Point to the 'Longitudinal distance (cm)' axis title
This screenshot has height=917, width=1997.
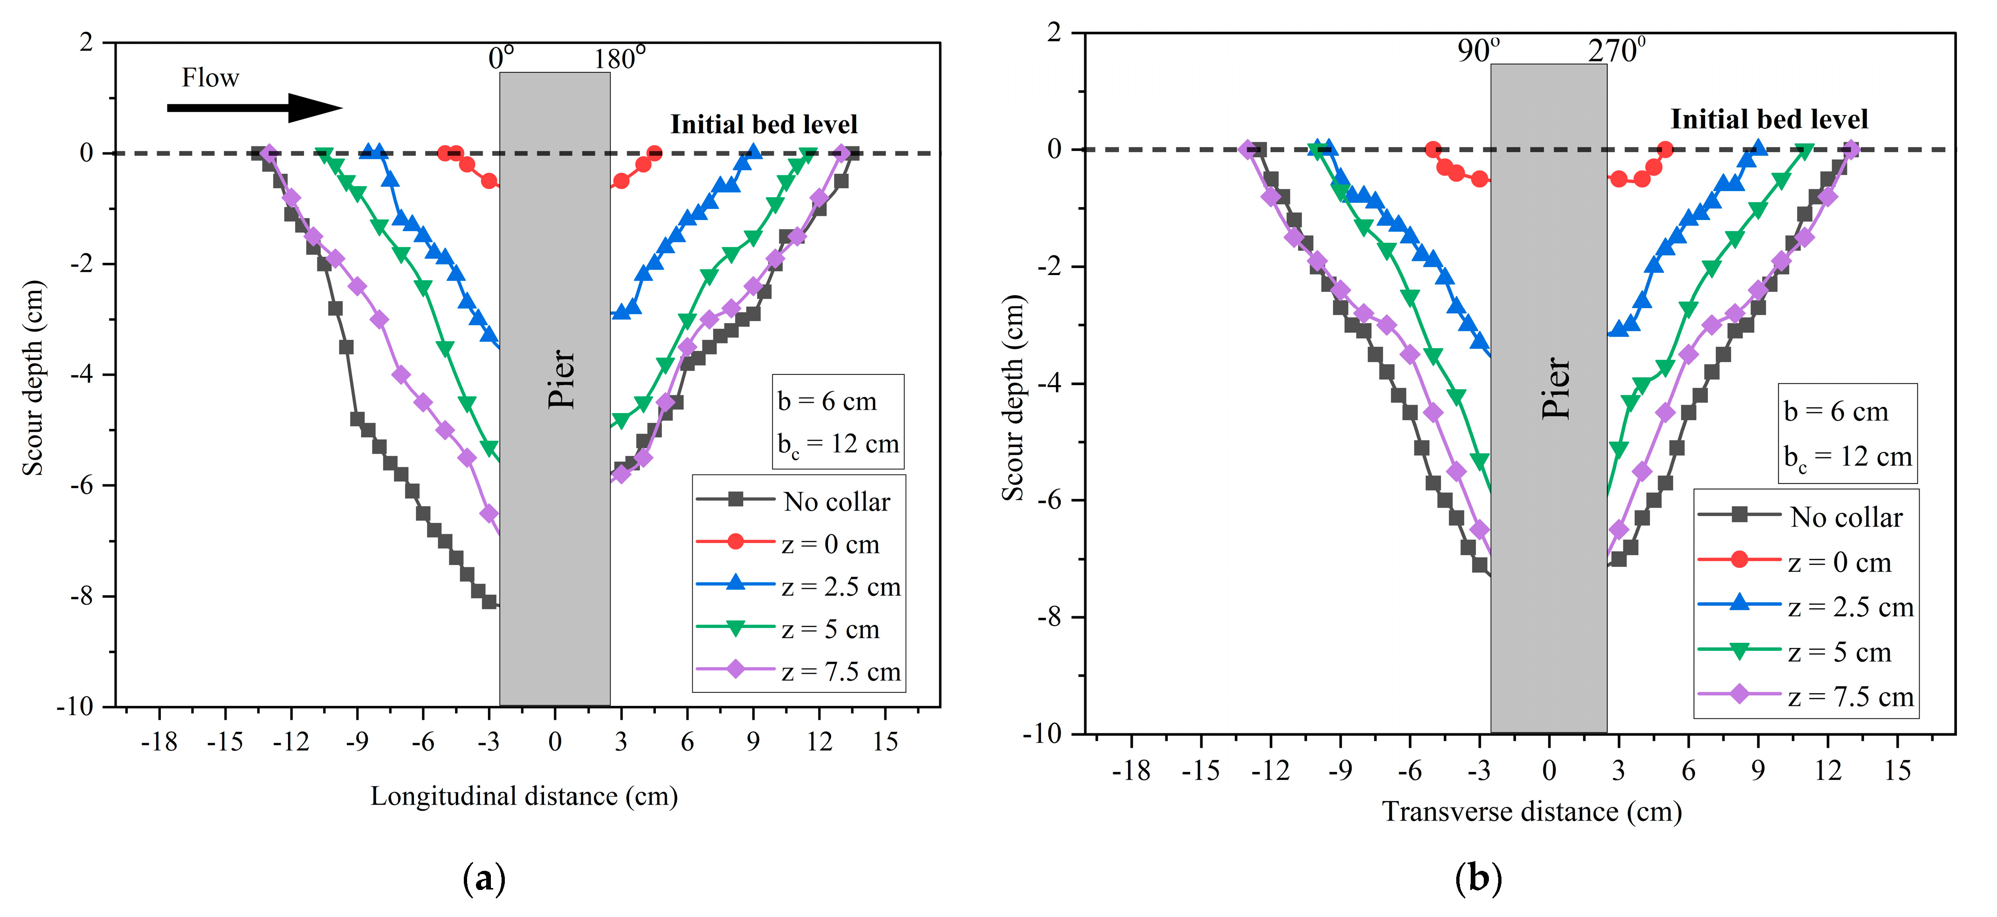pyautogui.click(x=524, y=796)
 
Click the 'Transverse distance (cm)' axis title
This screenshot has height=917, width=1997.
pyautogui.click(x=1532, y=812)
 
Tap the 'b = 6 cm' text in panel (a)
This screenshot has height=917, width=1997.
pyautogui.click(x=827, y=401)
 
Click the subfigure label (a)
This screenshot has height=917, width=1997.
pyautogui.click(x=484, y=878)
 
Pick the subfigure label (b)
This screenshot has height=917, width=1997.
pyautogui.click(x=1478, y=878)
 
